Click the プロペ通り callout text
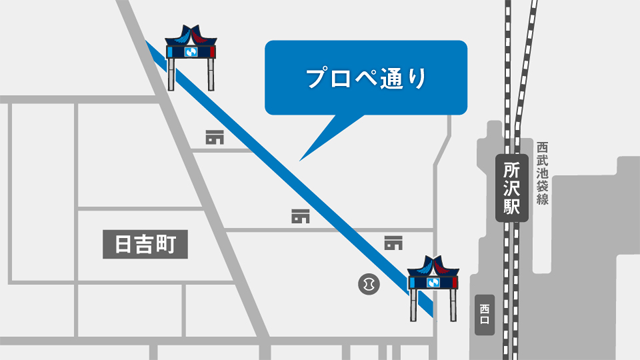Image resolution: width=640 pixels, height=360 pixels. point(365,77)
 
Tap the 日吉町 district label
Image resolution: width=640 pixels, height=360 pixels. point(146,244)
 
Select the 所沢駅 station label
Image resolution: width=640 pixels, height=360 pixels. point(512,188)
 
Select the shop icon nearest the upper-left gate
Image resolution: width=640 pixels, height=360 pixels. point(214,136)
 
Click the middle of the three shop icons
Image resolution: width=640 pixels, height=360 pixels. point(300,215)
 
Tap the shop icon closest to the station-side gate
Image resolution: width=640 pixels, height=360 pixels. point(393,242)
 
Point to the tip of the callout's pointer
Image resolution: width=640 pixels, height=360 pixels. point(300,160)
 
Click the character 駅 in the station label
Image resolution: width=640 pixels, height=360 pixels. point(512,207)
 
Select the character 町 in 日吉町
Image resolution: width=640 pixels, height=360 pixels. point(176,244)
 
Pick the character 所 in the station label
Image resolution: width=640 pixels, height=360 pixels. point(512,167)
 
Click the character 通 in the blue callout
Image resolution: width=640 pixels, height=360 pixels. point(391,77)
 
